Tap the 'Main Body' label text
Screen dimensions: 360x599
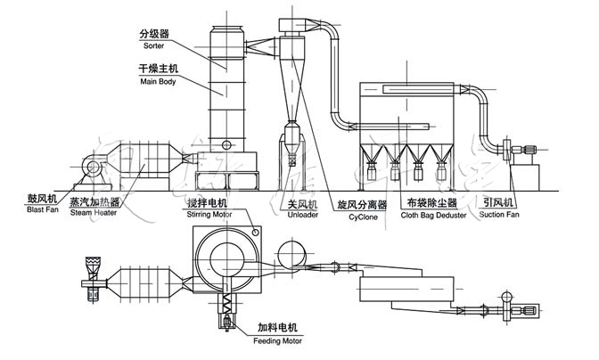coord(159,82)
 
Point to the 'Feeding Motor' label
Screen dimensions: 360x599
coord(279,340)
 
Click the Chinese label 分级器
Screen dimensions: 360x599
coord(153,34)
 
